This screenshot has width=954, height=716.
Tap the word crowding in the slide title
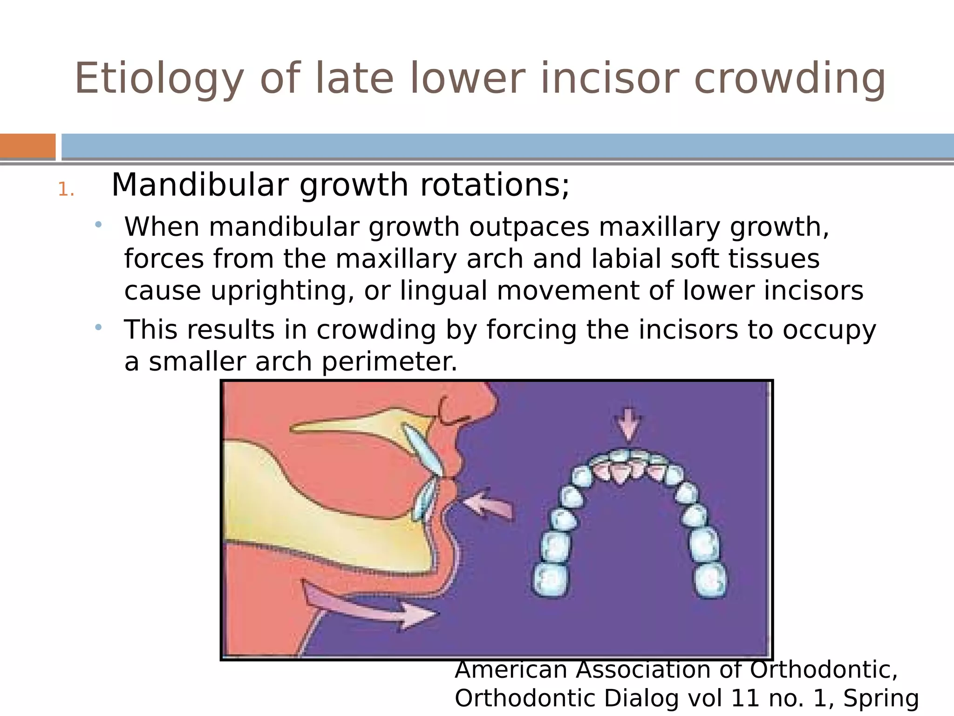point(789,79)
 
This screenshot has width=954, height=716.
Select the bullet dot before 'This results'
point(98,327)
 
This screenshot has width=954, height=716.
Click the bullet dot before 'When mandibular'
point(98,225)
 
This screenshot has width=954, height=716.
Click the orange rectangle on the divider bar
point(27,146)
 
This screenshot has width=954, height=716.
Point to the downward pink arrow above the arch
point(628,424)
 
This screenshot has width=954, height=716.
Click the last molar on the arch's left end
point(551,580)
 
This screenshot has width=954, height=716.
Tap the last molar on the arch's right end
point(710,580)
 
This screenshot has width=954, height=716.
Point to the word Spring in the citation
point(881,698)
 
